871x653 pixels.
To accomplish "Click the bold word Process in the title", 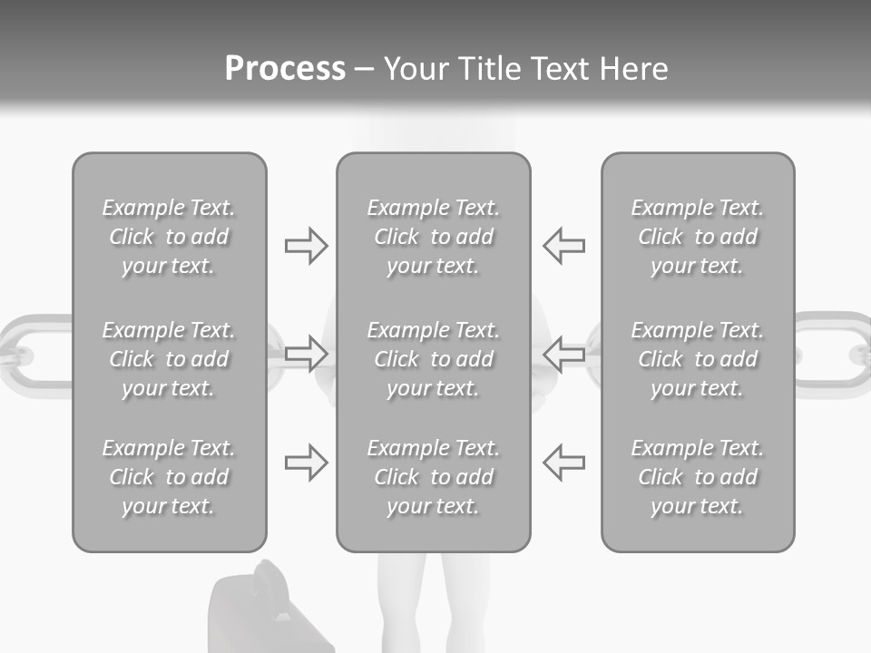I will coord(285,69).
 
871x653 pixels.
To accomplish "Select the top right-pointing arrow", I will coord(306,246).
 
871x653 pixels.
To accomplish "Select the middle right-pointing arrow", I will coord(306,353).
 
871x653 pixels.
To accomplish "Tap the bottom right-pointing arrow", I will coord(306,463).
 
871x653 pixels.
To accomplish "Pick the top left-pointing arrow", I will coord(563,246).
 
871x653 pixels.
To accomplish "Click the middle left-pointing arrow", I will coord(563,353).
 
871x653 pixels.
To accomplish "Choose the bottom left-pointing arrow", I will coord(563,463).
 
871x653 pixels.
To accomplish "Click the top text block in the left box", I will coord(169,237).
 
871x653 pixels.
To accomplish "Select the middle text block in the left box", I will coord(169,359).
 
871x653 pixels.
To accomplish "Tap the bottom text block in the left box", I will coord(169,477).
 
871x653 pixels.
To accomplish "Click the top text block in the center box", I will coord(433,237).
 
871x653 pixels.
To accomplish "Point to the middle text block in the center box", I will coord(433,359).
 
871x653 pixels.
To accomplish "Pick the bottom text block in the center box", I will coord(433,477).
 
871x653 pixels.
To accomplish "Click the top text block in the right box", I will coord(697,237).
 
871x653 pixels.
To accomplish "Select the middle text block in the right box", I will coord(697,359).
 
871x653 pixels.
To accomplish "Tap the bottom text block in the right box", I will coord(697,477).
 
